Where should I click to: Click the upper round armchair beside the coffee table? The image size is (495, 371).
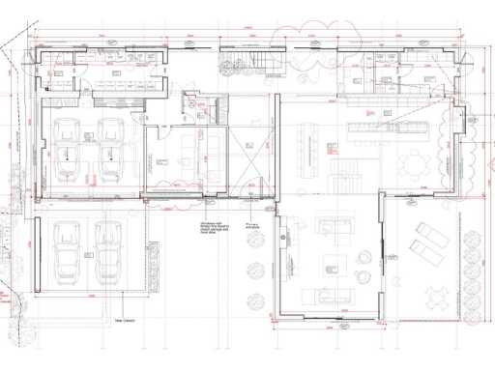coord(365,257)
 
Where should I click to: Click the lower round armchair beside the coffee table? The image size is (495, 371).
coord(365,279)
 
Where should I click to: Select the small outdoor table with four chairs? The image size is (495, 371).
coord(465,294)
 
